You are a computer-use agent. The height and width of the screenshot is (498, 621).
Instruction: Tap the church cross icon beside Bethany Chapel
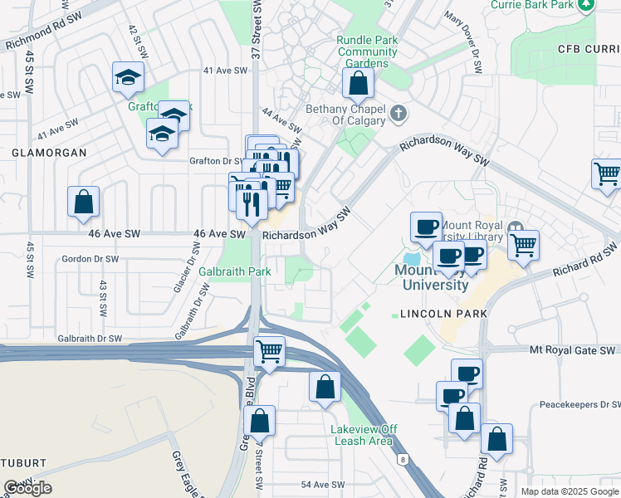[399, 113]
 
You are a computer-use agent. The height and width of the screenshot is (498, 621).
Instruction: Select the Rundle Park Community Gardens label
[367, 51]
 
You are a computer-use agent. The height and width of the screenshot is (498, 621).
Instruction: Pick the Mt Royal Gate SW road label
[574, 351]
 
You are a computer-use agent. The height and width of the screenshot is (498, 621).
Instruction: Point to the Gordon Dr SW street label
[90, 259]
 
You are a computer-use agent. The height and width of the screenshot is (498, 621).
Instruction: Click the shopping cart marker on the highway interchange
[269, 351]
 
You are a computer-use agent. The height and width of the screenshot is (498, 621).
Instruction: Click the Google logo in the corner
[27, 488]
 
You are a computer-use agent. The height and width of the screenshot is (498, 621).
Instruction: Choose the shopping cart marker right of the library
[523, 244]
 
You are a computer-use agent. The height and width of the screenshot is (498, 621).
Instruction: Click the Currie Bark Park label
[544, 5]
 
